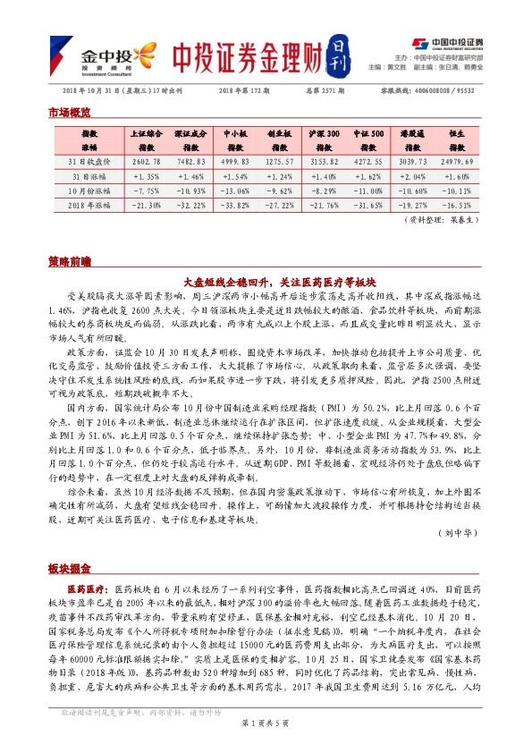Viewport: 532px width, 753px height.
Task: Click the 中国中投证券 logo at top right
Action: click(447, 42)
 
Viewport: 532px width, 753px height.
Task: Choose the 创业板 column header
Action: click(280, 139)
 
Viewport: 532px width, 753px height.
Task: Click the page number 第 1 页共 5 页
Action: click(265, 744)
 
